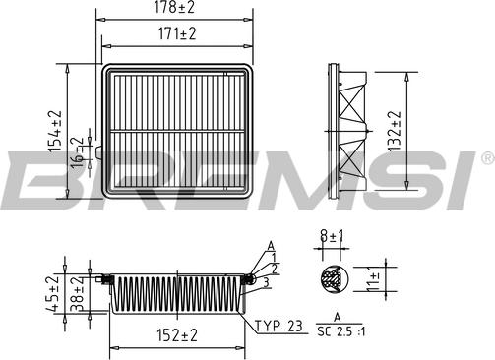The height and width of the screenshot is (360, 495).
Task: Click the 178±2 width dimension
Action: click(174, 7)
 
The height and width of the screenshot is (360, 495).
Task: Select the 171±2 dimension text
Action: click(177, 33)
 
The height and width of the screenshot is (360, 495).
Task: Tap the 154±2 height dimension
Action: click(55, 131)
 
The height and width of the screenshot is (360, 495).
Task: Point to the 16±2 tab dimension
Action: click(78, 152)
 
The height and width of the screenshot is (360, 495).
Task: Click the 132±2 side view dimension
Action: click(394, 131)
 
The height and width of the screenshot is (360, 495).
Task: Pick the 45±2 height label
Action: click(52, 293)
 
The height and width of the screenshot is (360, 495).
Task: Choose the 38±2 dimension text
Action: click(77, 293)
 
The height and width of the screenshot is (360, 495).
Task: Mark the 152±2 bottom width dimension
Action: click(177, 335)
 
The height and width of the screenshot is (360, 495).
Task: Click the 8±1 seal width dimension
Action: click(332, 236)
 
